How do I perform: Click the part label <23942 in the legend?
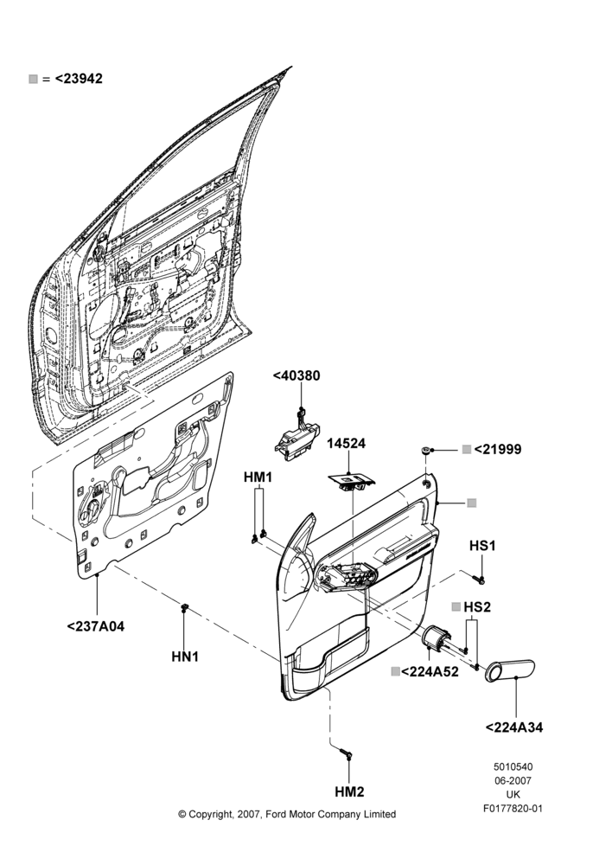[79, 79]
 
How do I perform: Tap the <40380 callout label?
[296, 375]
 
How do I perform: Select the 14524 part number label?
[347, 444]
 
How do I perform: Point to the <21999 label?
[497, 450]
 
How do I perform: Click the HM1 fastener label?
[258, 477]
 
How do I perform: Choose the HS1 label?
[482, 546]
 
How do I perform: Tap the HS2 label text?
[477, 607]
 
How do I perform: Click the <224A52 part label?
[430, 672]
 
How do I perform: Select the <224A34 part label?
[513, 727]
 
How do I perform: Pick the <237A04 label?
[95, 626]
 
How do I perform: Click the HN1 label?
[185, 657]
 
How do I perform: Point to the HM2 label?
[349, 792]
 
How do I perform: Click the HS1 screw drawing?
[479, 579]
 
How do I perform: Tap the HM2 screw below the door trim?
[345, 753]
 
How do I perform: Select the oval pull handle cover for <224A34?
[509, 670]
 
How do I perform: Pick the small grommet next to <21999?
[425, 450]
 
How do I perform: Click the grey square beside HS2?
[456, 607]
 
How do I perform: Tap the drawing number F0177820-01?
[513, 809]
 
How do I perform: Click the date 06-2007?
[513, 780]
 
